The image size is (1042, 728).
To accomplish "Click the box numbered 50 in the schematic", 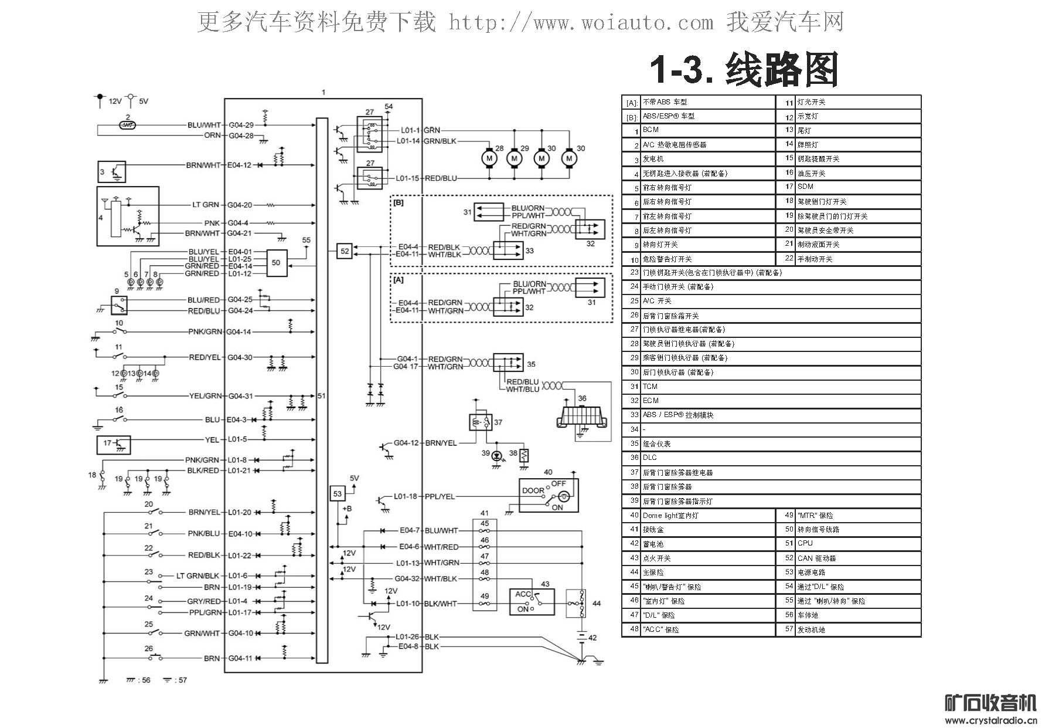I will click(x=276, y=263).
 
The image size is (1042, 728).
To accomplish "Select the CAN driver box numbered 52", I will click(x=345, y=251).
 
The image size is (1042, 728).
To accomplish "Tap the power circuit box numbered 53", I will click(x=338, y=494).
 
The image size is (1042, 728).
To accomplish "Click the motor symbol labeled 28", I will click(x=488, y=158).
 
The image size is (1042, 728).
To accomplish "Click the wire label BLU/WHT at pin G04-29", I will click(x=204, y=125).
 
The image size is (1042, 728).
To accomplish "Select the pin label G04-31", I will click(x=240, y=396).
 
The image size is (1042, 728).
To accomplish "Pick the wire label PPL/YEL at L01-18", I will click(x=440, y=496).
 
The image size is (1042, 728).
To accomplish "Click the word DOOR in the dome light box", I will click(x=533, y=490).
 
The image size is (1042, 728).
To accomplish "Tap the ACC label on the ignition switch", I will click(x=522, y=594).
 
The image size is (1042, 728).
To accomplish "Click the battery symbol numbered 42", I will click(x=581, y=637).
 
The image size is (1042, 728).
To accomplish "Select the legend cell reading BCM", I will click(x=651, y=130).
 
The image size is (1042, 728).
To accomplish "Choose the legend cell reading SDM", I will click(x=805, y=187).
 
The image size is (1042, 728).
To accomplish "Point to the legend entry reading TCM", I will click(x=650, y=387).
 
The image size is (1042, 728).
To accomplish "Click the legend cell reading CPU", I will click(x=805, y=543).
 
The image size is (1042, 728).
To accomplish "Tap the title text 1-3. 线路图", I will click(x=744, y=70).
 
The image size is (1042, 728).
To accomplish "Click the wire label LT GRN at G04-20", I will click(x=205, y=205).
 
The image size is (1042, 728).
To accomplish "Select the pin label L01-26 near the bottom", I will click(x=407, y=637).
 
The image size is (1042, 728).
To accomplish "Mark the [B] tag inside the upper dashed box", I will click(x=399, y=203).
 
